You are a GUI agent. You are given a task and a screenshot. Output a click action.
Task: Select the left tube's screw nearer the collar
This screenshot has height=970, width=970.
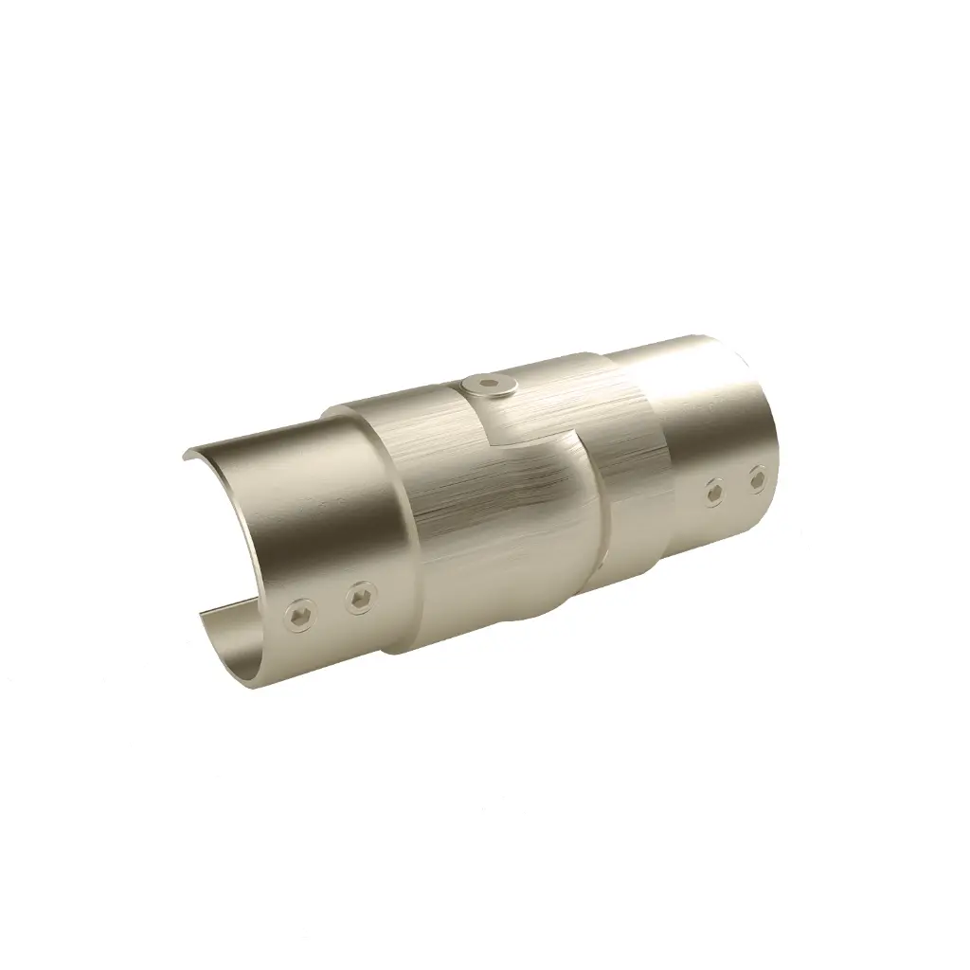[x=360, y=598]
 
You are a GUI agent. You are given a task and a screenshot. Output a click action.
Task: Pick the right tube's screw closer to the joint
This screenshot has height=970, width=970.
[x=714, y=491]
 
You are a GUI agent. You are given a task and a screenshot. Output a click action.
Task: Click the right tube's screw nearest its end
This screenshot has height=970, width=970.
[x=756, y=478]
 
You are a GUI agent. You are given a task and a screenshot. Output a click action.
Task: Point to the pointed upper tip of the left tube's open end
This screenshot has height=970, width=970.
[x=185, y=456]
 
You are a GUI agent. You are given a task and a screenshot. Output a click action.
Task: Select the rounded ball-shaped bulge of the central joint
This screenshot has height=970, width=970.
[x=530, y=530]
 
